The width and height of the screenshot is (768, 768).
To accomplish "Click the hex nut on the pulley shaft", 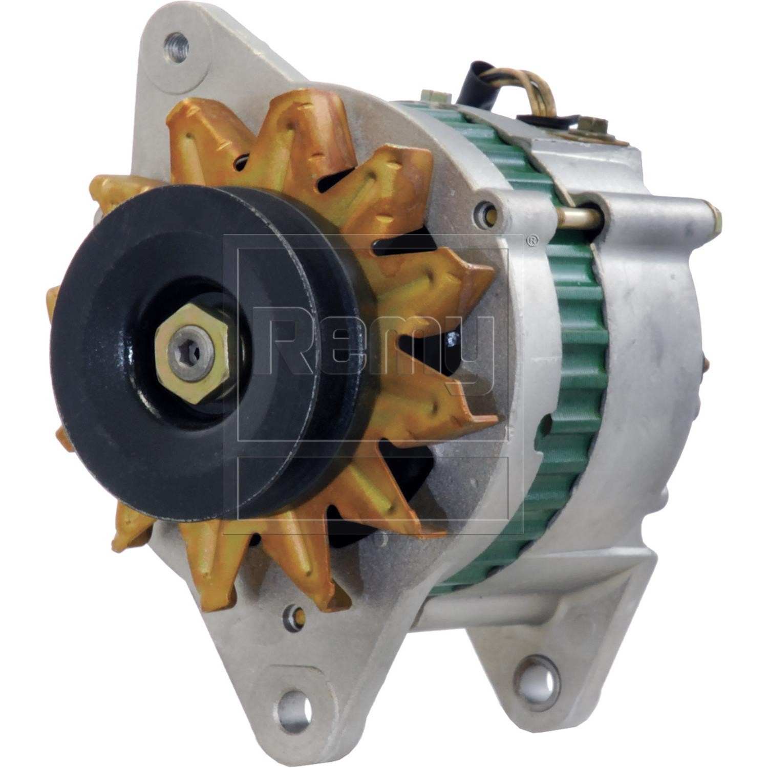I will tap(191, 352).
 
